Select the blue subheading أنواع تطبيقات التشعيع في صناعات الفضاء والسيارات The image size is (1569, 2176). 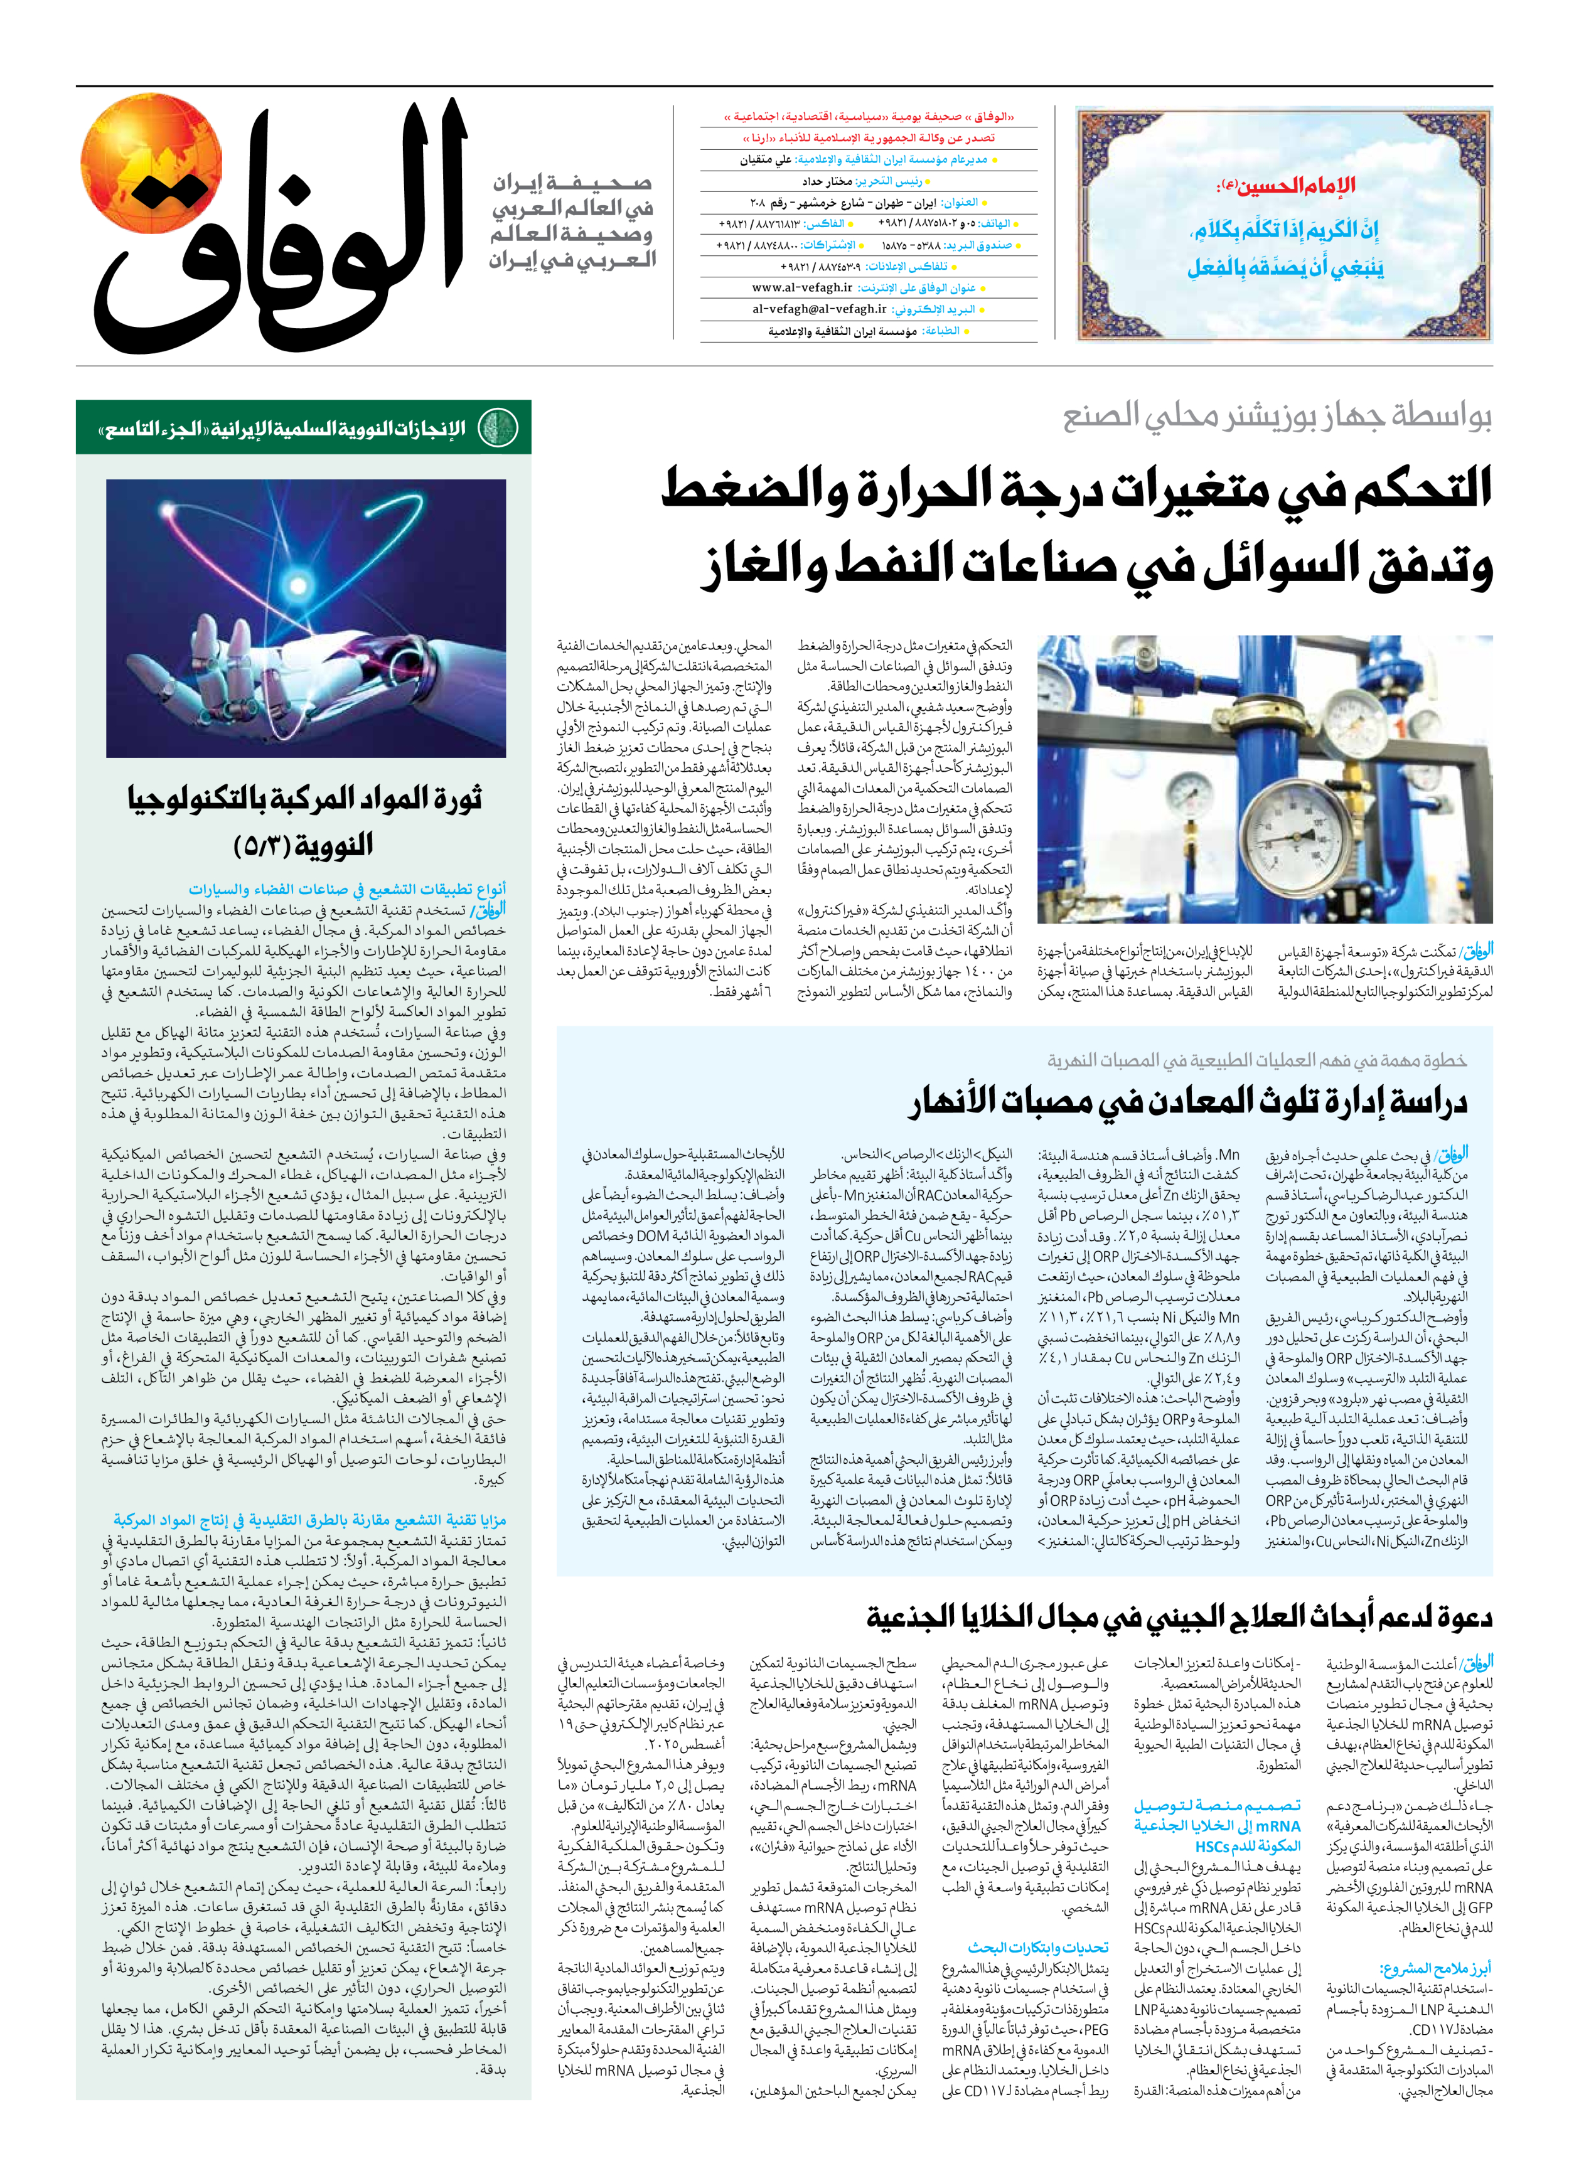click(x=345, y=889)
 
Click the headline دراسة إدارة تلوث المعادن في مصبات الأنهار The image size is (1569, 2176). click(x=1188, y=1101)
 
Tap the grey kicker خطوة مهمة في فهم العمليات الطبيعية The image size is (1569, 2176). click(x=1256, y=1060)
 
